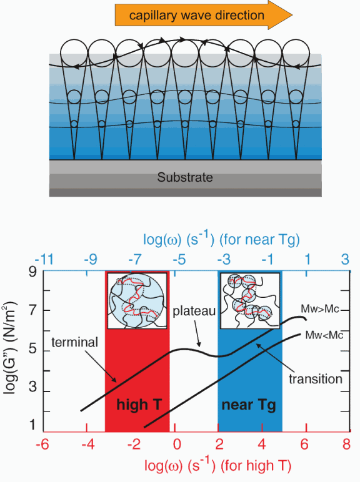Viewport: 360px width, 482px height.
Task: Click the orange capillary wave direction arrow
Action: click(203, 15)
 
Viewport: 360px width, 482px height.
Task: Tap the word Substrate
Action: click(185, 177)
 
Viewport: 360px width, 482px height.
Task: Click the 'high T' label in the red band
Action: click(139, 405)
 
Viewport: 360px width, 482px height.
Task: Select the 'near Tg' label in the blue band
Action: click(249, 405)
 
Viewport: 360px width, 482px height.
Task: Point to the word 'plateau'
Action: click(194, 311)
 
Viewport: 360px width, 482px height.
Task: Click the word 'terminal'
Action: click(75, 342)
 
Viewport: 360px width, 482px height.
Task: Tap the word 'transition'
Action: click(316, 379)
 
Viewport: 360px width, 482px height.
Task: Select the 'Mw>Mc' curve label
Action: click(320, 308)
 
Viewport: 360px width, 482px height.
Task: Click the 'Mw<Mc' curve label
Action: click(324, 335)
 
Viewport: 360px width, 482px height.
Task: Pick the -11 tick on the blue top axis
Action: click(44, 260)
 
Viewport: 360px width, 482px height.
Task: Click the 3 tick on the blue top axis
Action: click(345, 260)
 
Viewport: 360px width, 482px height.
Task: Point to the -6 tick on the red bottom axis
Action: click(42, 445)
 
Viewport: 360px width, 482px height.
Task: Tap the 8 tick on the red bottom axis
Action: click(346, 445)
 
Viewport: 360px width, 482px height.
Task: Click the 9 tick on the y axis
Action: click(32, 272)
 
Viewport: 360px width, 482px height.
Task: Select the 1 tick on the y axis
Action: click(32, 425)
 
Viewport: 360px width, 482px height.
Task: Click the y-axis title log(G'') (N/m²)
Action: click(10, 348)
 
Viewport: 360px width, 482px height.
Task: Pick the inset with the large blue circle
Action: click(137, 300)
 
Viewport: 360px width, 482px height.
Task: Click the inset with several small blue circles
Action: click(250, 300)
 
